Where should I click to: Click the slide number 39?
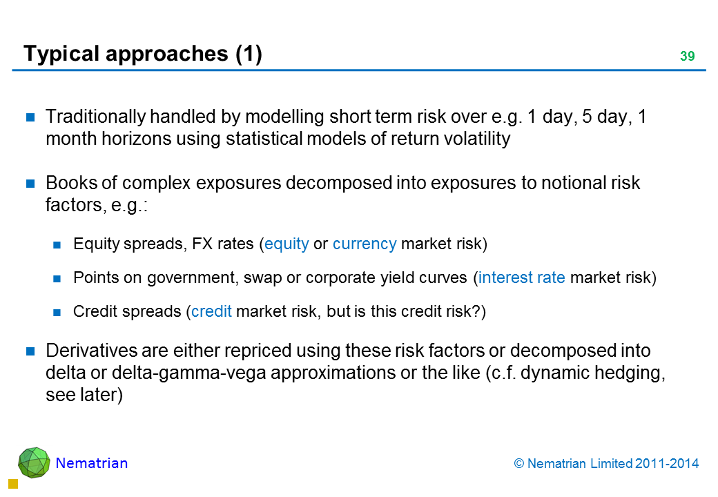tap(688, 56)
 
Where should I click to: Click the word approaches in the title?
tap(166, 55)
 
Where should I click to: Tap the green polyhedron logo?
tap(34, 462)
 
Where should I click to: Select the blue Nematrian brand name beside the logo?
tap(92, 463)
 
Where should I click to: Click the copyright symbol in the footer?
tap(518, 464)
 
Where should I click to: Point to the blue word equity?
tap(287, 244)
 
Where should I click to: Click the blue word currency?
tap(365, 244)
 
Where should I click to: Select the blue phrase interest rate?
tap(521, 277)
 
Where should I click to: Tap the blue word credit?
tap(211, 311)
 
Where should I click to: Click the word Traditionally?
tap(95, 117)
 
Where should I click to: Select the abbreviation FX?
tap(202, 244)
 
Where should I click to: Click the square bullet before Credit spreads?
tap(57, 313)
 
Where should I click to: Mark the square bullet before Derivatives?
tap(30, 351)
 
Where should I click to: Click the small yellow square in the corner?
tap(13, 484)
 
